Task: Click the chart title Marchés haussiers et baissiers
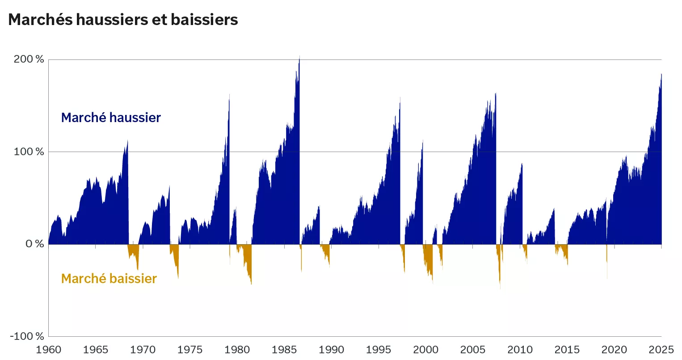pyautogui.click(x=123, y=20)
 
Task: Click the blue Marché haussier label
pyautogui.click(x=111, y=118)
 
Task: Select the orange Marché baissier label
pyautogui.click(x=109, y=279)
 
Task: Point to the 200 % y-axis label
pyautogui.click(x=29, y=59)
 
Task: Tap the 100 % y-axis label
pyautogui.click(x=29, y=152)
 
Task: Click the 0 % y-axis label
pyautogui.click(x=34, y=244)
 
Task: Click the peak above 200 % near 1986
pyautogui.click(x=299, y=57)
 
